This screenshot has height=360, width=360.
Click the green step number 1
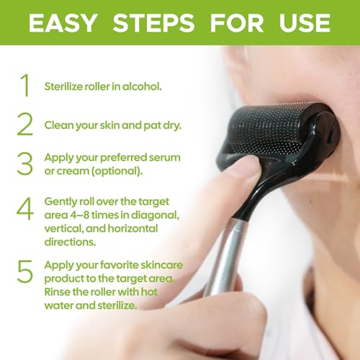pyautogui.click(x=25, y=85)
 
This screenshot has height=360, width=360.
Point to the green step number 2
pyautogui.click(x=25, y=124)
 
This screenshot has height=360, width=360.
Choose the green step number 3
pyautogui.click(x=25, y=163)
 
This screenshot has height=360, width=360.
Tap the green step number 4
pyautogui.click(x=25, y=210)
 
